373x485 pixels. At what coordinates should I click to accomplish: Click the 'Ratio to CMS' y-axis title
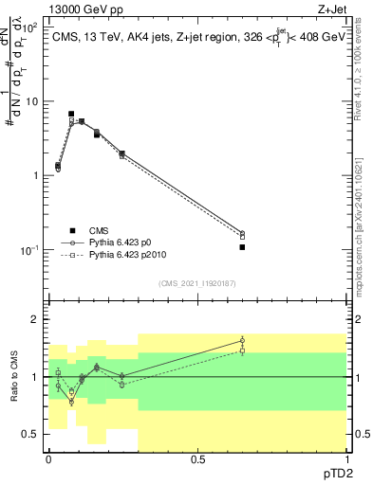16,377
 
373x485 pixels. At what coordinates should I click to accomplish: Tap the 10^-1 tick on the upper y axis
28,250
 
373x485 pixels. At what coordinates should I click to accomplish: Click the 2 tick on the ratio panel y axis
35,319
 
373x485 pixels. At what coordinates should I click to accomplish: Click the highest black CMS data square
71,114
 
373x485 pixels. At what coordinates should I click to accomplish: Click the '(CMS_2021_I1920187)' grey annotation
197,282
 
